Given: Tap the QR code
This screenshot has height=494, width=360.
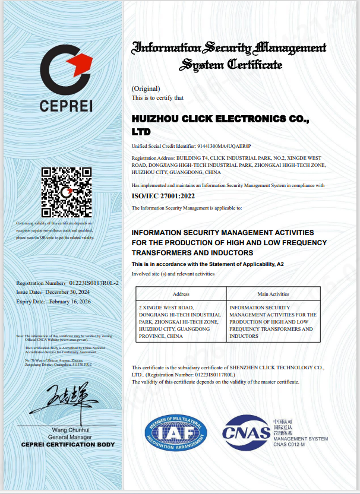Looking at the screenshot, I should point(66,192).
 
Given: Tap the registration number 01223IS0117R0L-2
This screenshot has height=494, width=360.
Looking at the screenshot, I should point(94,283).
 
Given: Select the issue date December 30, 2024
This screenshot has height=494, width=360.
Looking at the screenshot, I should point(70,292).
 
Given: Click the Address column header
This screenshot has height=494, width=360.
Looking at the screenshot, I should point(181,294).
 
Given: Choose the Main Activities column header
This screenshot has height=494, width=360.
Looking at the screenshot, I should point(273,294).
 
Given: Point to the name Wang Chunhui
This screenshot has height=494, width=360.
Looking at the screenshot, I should point(71,430).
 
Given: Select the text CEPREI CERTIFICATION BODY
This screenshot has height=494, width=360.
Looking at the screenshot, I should point(68,444).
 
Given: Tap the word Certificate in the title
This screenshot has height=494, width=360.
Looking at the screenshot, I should point(255,65).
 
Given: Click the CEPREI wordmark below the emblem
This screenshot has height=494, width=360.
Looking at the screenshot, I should point(66,107).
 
